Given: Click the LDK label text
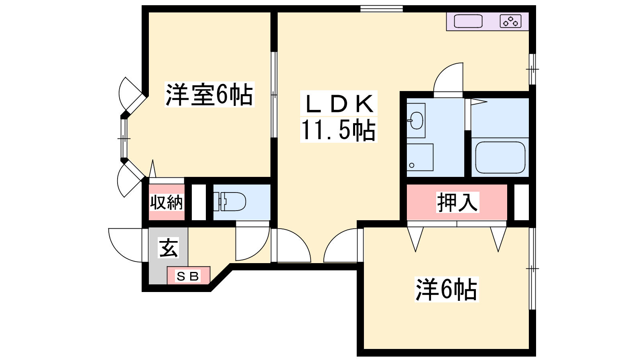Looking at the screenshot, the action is [339, 104].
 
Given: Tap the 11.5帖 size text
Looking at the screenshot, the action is [339, 130].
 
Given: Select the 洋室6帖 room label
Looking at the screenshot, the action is [209, 95].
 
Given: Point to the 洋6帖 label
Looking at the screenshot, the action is [447, 289].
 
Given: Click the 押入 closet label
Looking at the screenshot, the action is [457, 202].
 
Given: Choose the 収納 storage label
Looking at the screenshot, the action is [167, 203].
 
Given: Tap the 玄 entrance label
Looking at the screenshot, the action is [169, 247].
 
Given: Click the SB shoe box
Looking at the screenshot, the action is [188, 276].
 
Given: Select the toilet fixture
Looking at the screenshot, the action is [230, 201].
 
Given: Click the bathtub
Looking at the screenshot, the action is [500, 157].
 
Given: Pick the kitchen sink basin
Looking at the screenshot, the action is [468, 21].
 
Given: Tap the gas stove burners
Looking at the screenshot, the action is [510, 21].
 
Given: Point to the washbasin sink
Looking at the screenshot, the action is [416, 120].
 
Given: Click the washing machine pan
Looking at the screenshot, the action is [420, 157].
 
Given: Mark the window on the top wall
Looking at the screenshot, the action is [382, 8].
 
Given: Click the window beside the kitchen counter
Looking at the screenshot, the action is [532, 69].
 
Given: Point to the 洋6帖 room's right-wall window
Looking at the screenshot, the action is [532, 268].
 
